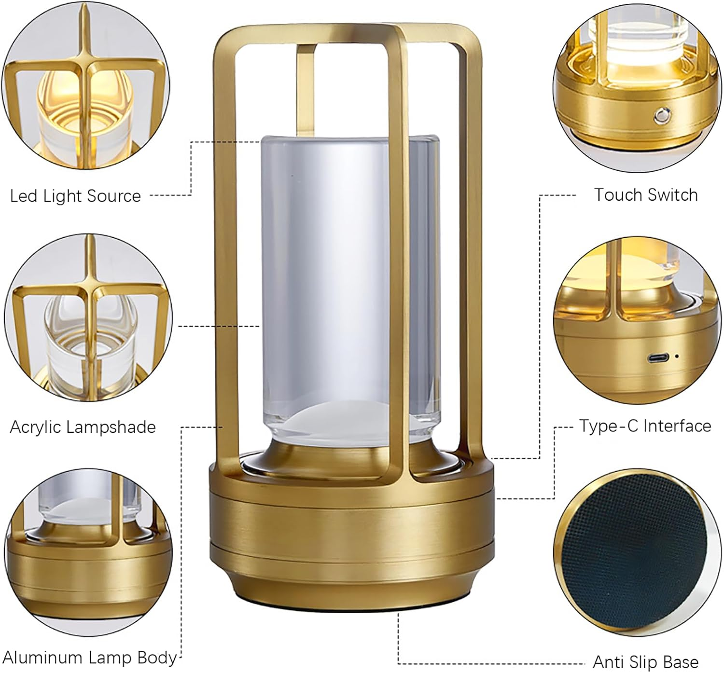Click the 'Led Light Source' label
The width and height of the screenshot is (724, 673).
[x=75, y=196]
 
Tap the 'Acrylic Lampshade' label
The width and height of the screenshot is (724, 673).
[x=83, y=427]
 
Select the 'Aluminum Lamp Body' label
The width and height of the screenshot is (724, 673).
[x=90, y=657]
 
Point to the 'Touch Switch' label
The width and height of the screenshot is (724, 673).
[x=646, y=195]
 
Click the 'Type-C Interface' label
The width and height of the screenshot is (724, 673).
[x=645, y=426]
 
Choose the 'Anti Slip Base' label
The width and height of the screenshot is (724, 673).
[x=646, y=661]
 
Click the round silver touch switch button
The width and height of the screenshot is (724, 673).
[x=661, y=116]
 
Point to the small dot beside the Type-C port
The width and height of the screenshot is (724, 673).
[x=677, y=356]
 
